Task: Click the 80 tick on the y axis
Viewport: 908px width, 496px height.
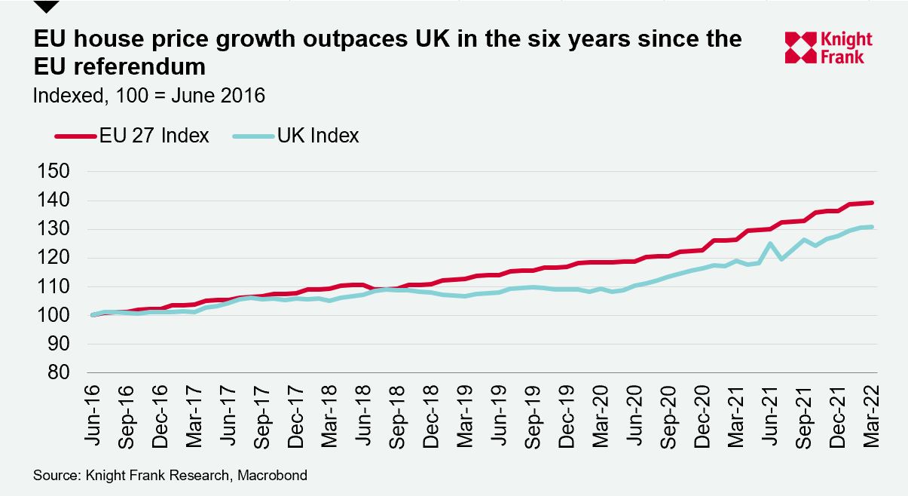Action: [x=56, y=373]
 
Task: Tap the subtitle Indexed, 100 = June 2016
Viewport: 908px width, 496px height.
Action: [x=149, y=96]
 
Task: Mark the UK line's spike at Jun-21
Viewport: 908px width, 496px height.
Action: [x=770, y=243]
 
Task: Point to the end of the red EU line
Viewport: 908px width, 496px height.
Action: [x=872, y=203]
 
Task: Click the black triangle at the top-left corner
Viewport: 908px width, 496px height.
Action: [x=46, y=6]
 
